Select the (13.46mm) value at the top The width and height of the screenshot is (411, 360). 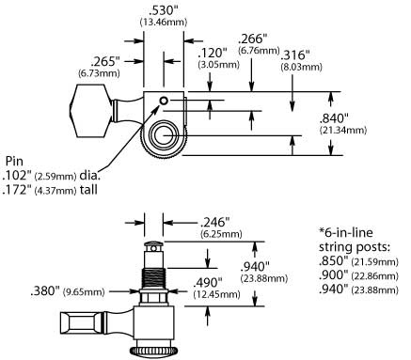(164, 20)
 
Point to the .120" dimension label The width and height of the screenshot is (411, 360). (212, 53)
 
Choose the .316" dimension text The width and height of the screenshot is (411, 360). (293, 55)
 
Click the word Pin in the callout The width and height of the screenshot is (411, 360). (16, 160)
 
